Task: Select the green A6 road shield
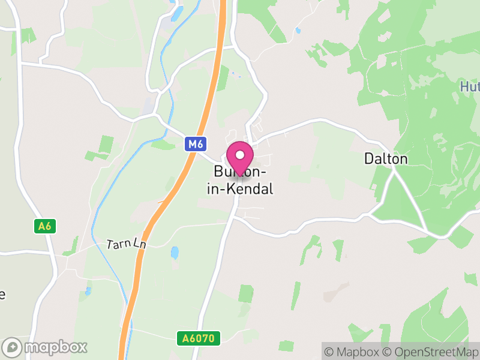(x=44, y=226)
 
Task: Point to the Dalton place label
(x=386, y=159)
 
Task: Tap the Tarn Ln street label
(x=127, y=244)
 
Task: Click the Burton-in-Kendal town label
(x=244, y=181)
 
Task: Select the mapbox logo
(x=45, y=347)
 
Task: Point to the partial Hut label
(x=469, y=87)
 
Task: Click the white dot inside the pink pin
(x=240, y=155)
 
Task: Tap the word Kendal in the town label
(x=251, y=189)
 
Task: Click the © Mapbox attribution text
(x=353, y=352)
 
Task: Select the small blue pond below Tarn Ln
(x=174, y=253)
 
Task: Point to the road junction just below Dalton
(x=393, y=170)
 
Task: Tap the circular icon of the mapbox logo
(x=12, y=347)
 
